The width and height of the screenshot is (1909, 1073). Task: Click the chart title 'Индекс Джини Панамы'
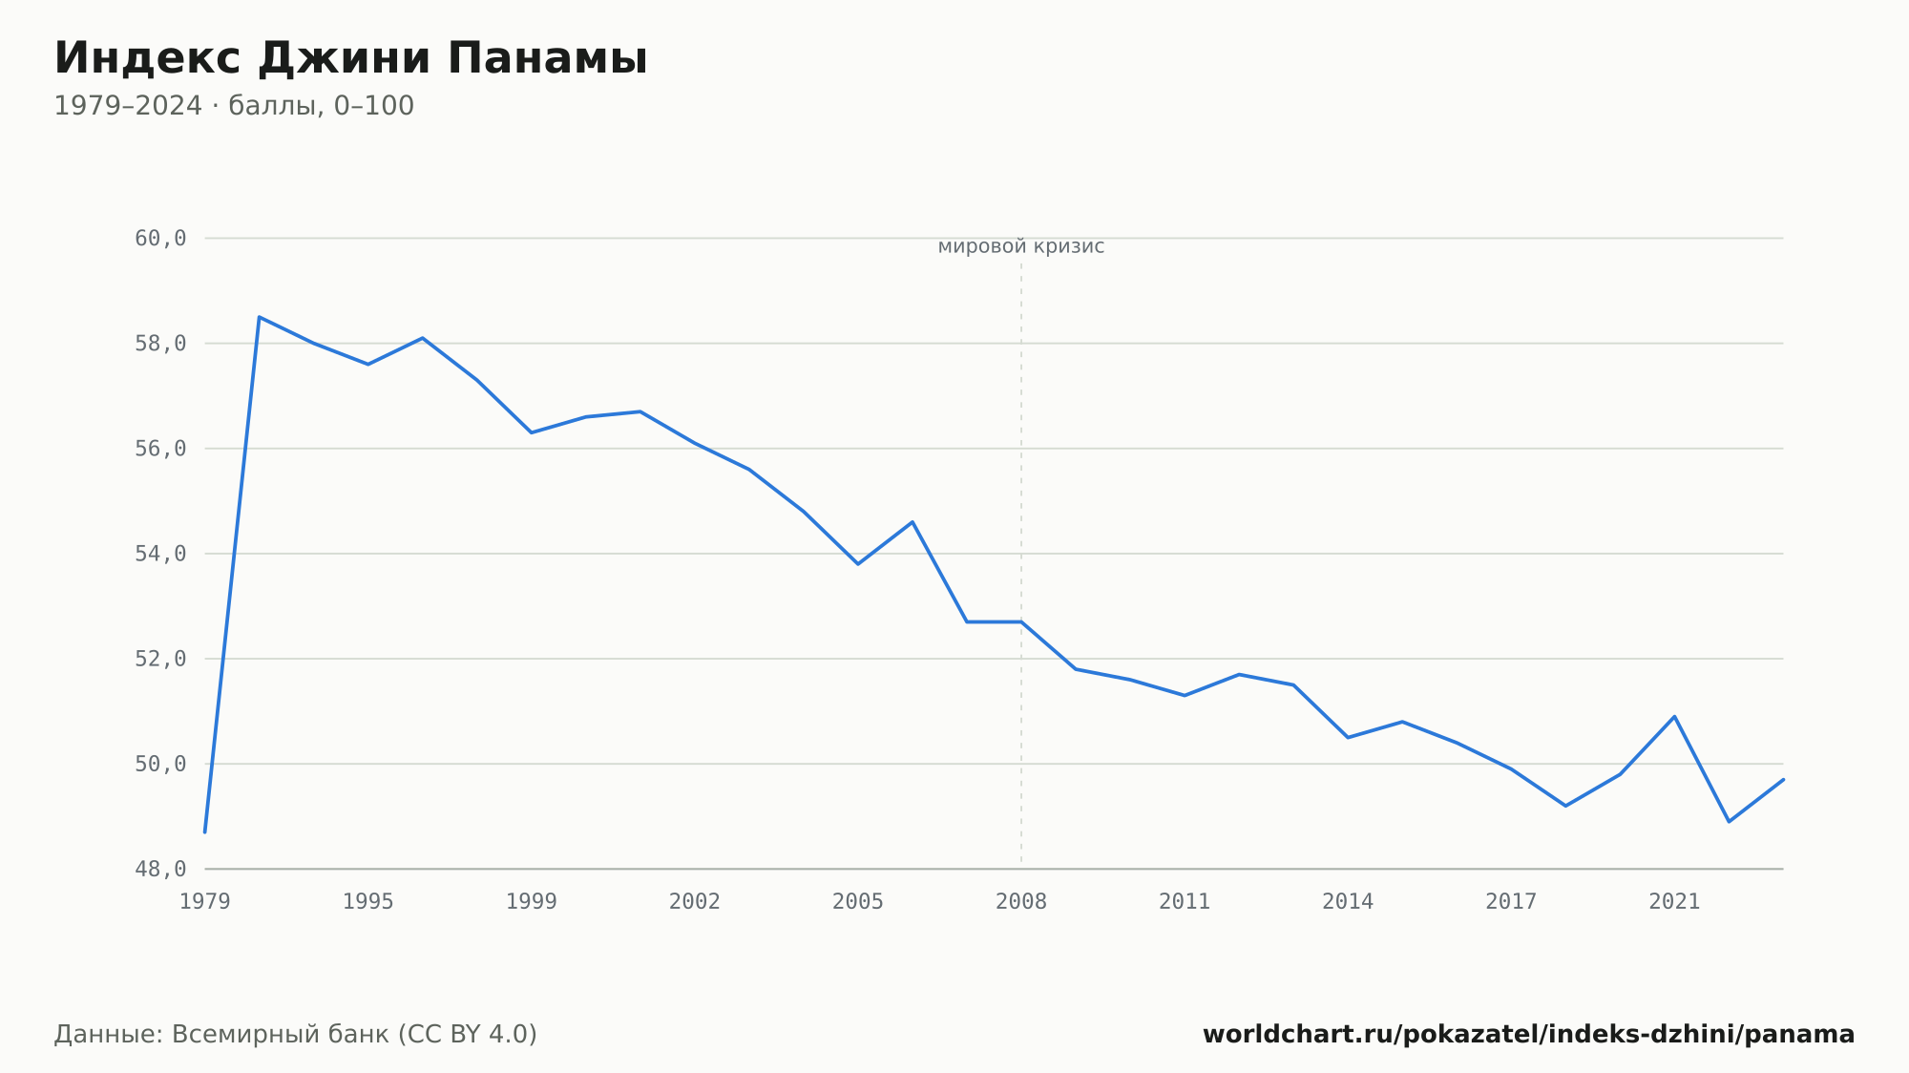click(350, 59)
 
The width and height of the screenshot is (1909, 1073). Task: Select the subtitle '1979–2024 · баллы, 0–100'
click(234, 106)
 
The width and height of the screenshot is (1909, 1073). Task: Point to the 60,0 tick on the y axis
click(160, 239)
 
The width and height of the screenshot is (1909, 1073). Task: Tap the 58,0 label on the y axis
click(160, 344)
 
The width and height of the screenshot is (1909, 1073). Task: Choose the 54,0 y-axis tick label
click(160, 554)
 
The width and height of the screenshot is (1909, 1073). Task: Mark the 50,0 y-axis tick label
click(160, 764)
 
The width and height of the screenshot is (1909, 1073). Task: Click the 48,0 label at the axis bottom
click(160, 869)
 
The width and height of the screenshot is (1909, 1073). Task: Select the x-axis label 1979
click(205, 902)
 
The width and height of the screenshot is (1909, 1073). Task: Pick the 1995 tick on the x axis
click(368, 902)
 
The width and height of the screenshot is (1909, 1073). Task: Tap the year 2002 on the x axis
click(695, 902)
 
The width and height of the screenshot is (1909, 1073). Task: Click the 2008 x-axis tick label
click(1021, 902)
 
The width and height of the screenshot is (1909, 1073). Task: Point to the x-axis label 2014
click(1348, 902)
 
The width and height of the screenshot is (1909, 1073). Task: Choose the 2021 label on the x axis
click(1674, 902)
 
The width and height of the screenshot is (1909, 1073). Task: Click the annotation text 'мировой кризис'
click(1021, 247)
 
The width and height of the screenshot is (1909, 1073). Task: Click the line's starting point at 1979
click(205, 832)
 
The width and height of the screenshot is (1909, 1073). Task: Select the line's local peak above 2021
click(1674, 716)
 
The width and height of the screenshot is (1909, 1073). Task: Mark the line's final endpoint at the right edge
click(1783, 780)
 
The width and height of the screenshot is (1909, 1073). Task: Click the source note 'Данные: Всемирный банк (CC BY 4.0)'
click(296, 1035)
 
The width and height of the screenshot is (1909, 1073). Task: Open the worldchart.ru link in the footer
click(1528, 1035)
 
